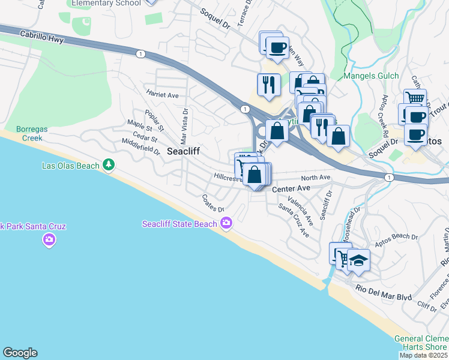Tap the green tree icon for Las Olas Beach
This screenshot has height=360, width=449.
pos(109,164)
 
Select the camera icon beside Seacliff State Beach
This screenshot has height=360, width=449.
pos(226,224)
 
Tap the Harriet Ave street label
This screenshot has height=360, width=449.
pos(162,95)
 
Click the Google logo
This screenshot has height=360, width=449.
pos(20,353)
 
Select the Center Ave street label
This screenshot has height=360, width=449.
pos(291,188)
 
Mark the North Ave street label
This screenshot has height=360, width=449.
pos(316,178)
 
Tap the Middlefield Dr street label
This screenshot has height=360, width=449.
pos(140,146)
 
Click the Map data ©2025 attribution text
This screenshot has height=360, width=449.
pos(423,355)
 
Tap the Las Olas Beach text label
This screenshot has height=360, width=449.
pos(71,165)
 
